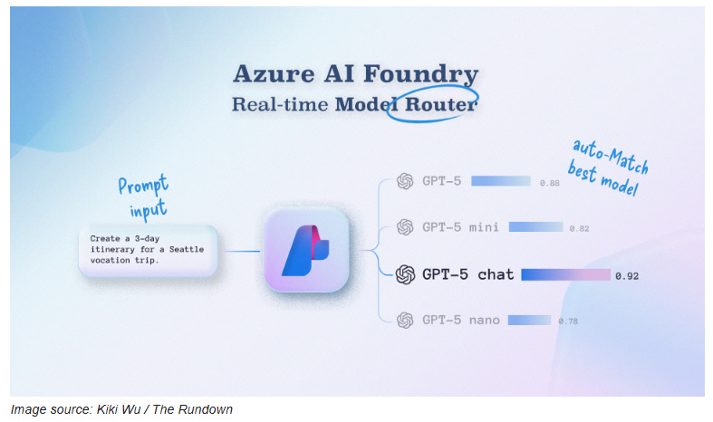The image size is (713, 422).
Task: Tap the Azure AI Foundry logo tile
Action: (x=305, y=249)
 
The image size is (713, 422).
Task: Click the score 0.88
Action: (x=549, y=183)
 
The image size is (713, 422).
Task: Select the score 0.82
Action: (x=579, y=228)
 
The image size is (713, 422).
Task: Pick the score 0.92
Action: (x=625, y=275)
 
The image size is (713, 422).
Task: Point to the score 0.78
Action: (x=568, y=321)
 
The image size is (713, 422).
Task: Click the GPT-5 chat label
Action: (x=467, y=274)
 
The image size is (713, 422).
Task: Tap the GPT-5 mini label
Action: (x=460, y=226)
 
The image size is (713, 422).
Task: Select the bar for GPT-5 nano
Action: (x=529, y=320)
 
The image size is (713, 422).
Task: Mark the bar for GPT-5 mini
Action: (x=535, y=226)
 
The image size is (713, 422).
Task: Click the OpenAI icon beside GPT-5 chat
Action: (x=405, y=274)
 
